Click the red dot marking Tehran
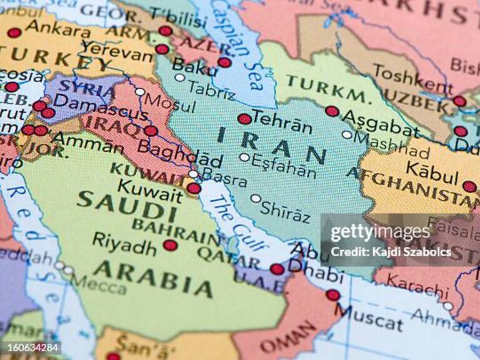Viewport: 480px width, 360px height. (x=244, y=119)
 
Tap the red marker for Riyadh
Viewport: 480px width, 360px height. (x=170, y=245)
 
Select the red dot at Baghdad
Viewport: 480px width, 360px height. (x=151, y=131)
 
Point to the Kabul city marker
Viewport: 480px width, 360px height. (x=469, y=186)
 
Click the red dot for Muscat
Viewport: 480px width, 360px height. (x=333, y=295)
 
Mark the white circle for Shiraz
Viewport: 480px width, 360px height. (x=256, y=199)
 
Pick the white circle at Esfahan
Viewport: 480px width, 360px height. (x=244, y=157)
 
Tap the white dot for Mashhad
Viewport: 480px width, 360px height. (x=347, y=134)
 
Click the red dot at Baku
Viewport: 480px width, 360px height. (x=224, y=62)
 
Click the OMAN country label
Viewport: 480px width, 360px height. (x=288, y=337)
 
